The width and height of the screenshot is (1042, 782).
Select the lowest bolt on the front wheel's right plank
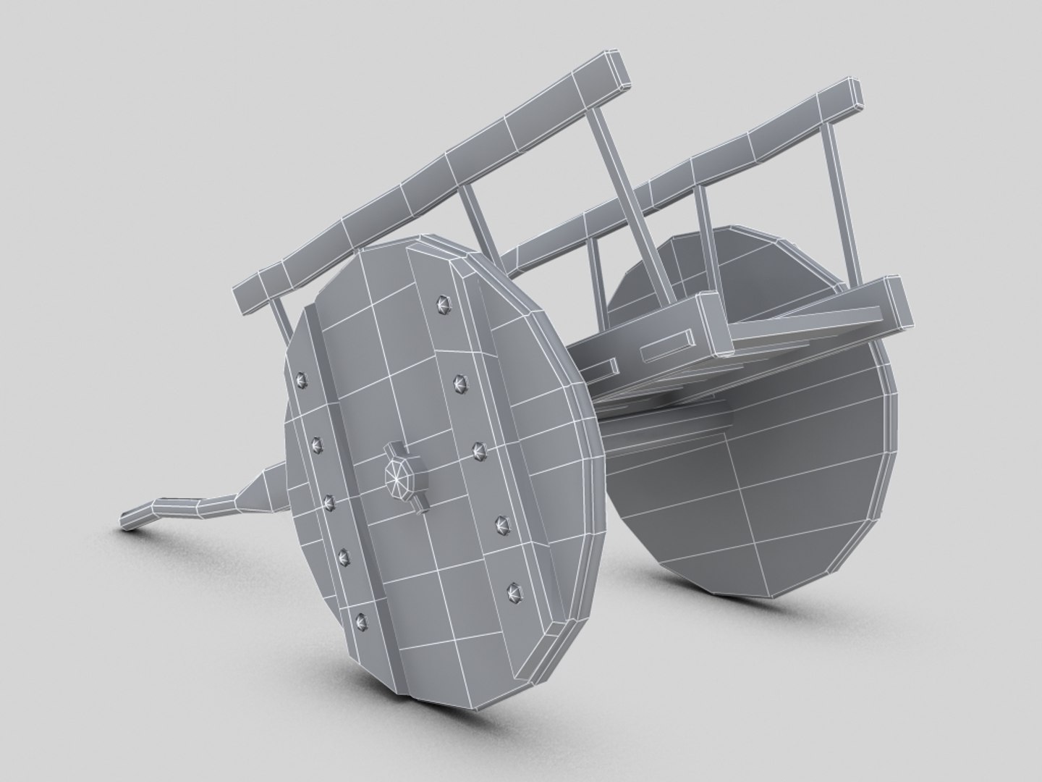coord(515,592)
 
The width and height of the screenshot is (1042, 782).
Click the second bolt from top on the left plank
coord(315,442)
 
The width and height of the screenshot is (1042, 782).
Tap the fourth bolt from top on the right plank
coord(499,522)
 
